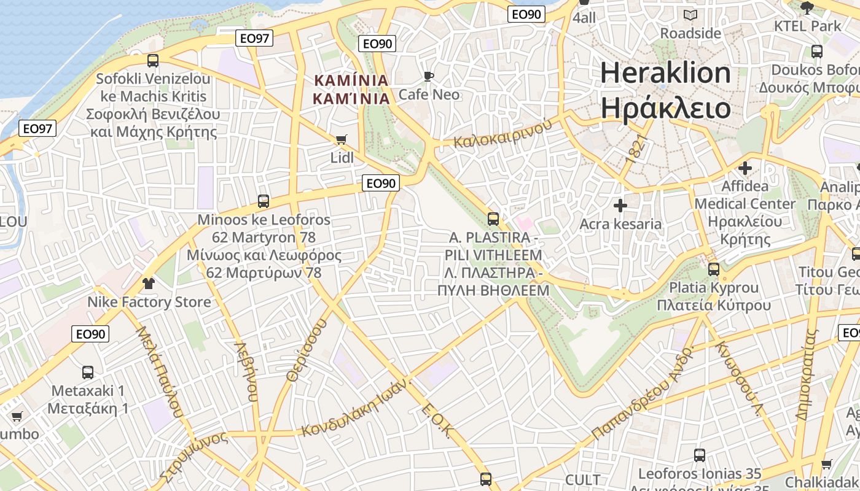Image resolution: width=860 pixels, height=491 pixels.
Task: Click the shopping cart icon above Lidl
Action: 342,139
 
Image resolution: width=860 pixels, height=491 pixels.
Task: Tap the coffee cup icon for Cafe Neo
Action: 429,76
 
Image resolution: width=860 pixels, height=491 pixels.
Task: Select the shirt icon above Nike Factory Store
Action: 148,283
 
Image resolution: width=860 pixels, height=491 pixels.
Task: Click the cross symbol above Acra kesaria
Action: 620,205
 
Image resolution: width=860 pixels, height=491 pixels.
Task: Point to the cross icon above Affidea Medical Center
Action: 745,168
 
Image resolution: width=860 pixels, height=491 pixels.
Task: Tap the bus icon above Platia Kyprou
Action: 714,269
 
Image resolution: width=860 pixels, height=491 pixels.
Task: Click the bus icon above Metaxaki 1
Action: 88,372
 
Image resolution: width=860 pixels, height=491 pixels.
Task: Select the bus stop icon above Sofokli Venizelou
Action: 153,60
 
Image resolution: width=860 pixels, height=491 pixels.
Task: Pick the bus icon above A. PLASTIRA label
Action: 493,218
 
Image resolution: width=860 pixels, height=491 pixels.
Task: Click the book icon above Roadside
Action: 690,15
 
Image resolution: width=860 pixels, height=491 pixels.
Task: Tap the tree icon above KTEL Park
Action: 807,8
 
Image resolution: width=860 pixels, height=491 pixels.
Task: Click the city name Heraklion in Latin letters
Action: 665,73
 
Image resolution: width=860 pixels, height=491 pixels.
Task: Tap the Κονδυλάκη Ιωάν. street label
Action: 355,408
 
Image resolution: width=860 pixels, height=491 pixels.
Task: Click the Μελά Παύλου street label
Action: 160,371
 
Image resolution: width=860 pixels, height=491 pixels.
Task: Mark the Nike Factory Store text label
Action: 149,302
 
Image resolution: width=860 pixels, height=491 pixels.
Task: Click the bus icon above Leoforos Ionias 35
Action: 700,455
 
